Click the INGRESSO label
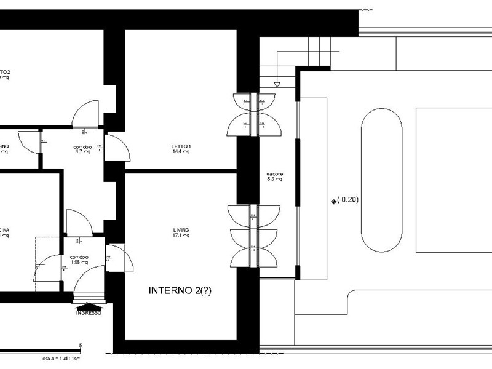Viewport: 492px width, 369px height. (89, 312)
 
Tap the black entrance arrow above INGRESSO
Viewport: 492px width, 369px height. (89, 304)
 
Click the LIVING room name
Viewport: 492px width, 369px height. (181, 230)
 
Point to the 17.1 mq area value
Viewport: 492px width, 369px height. (181, 236)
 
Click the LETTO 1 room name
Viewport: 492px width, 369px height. (181, 146)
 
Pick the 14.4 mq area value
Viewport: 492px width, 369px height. (181, 152)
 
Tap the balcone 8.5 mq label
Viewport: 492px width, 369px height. (274, 177)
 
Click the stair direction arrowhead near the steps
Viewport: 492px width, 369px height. (277, 84)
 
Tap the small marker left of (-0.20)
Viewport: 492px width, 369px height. (333, 200)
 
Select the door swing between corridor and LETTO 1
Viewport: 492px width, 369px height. (117, 148)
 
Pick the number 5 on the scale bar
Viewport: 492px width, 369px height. (80, 346)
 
